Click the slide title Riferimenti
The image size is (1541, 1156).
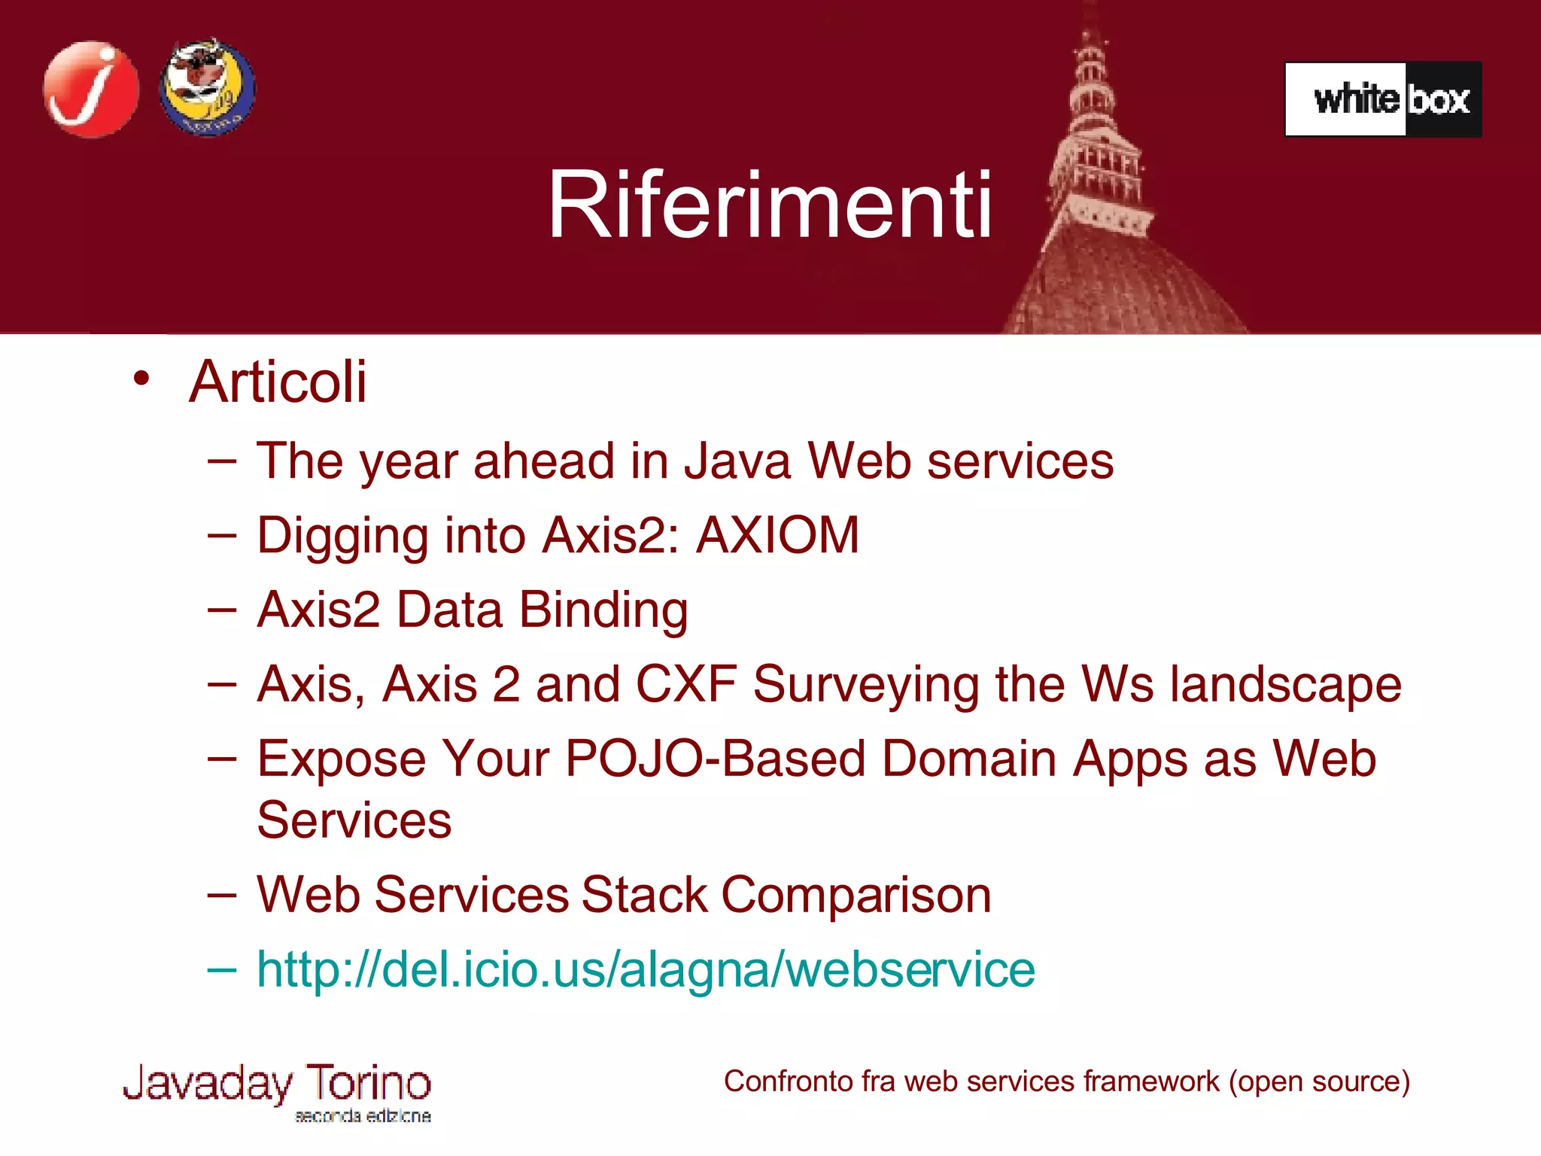pos(770,205)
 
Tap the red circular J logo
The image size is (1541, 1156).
pos(91,90)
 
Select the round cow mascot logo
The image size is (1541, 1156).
pos(208,88)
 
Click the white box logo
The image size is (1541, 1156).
pos(1383,99)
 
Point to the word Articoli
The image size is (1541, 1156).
pos(278,382)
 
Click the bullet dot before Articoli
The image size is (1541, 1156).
pos(141,379)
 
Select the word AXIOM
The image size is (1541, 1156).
pos(777,535)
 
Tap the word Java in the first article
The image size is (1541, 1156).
pos(737,461)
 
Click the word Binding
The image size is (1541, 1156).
pos(603,610)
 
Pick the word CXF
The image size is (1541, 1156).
pos(685,684)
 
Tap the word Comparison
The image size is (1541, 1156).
pos(856,895)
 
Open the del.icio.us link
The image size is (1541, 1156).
pos(646,969)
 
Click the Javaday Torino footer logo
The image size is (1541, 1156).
pos(277,1085)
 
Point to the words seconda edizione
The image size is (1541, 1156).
pos(363,1115)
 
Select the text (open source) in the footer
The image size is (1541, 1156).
pos(1319,1081)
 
